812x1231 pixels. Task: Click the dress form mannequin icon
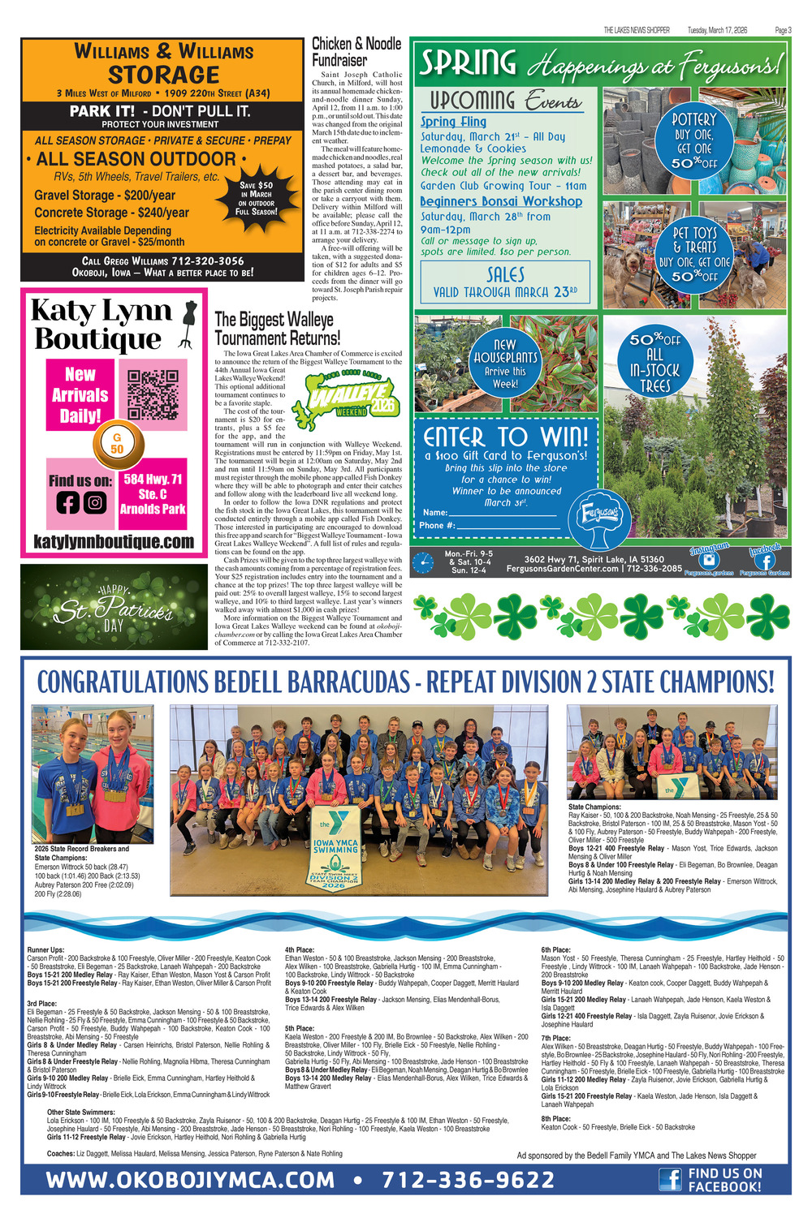(190, 324)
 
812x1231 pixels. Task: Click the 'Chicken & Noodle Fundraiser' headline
(356, 52)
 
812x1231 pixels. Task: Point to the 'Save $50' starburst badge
(256, 198)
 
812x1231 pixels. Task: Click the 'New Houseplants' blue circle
(505, 364)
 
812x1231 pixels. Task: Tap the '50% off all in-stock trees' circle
(654, 362)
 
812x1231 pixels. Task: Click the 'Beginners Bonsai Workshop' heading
(501, 201)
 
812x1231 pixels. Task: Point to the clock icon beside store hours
(422, 562)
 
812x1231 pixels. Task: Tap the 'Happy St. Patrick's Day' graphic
(113, 607)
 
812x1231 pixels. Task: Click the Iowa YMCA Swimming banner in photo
(335, 850)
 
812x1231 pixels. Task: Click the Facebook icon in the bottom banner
(669, 1179)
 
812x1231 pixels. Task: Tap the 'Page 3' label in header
(783, 30)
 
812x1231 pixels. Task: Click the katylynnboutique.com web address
(114, 541)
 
